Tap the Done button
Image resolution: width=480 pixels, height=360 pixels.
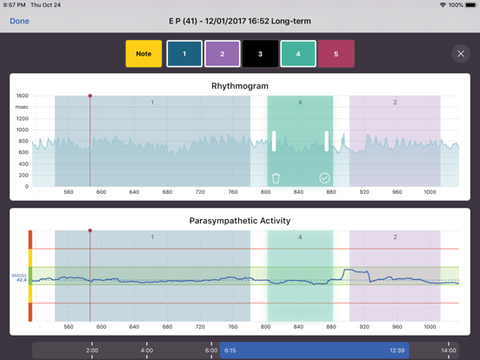pyautogui.click(x=19, y=21)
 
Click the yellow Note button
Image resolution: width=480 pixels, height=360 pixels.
pyautogui.click(x=143, y=54)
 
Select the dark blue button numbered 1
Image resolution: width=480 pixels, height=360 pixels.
pyautogui.click(x=184, y=54)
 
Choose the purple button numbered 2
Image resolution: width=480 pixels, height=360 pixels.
pyautogui.click(x=222, y=54)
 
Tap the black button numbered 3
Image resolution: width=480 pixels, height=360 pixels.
pyautogui.click(x=260, y=54)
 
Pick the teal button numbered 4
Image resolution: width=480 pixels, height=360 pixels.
pyautogui.click(x=298, y=54)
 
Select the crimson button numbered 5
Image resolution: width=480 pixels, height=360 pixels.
pyautogui.click(x=336, y=54)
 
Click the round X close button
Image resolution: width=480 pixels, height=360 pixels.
pyautogui.click(x=461, y=54)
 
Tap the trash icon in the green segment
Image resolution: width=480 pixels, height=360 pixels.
pyautogui.click(x=276, y=178)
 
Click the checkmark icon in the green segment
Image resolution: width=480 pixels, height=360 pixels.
pyautogui.click(x=324, y=178)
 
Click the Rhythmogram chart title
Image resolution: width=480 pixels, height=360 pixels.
pyautogui.click(x=239, y=86)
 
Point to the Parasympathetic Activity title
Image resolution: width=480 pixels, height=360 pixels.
pyautogui.click(x=239, y=221)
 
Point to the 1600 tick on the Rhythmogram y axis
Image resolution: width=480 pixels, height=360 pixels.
pyautogui.click(x=22, y=97)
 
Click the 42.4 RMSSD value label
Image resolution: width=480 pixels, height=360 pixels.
pyautogui.click(x=21, y=281)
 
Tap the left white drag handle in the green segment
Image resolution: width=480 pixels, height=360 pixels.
pyautogui.click(x=274, y=141)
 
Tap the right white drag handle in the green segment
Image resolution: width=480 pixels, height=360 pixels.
pyautogui.click(x=327, y=141)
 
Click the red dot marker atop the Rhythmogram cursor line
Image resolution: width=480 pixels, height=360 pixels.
pyautogui.click(x=90, y=96)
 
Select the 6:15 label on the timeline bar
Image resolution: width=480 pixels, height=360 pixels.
pyautogui.click(x=230, y=350)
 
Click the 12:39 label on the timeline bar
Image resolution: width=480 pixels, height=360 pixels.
pyautogui.click(x=397, y=350)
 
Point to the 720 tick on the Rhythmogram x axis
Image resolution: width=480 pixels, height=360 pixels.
pyautogui.click(x=200, y=192)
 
